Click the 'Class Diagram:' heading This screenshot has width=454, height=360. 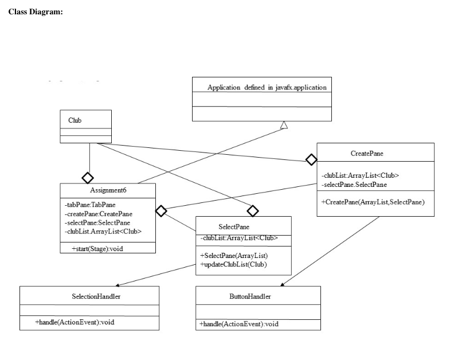(x=36, y=13)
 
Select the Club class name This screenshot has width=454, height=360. (x=75, y=120)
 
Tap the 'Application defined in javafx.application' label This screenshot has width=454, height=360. (x=267, y=88)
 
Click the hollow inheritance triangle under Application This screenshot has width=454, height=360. (x=284, y=125)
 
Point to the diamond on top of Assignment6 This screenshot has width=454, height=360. (x=88, y=177)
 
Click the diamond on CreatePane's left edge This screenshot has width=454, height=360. (x=311, y=158)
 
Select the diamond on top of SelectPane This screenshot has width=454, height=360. (x=253, y=210)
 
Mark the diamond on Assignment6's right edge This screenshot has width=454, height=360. (x=162, y=211)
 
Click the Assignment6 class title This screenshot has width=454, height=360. (x=108, y=190)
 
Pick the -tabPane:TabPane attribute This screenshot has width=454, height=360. (x=90, y=205)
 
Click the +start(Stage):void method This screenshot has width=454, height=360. (x=96, y=248)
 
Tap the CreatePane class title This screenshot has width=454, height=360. (x=367, y=154)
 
